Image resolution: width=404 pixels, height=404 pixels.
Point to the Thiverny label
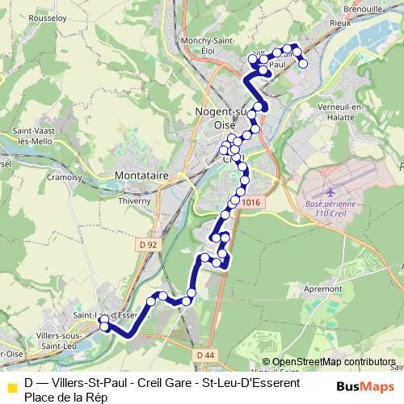[x=135, y=201]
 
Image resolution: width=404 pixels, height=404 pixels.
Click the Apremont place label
[x=320, y=288]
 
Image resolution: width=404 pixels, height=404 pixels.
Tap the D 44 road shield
[x=204, y=354]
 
